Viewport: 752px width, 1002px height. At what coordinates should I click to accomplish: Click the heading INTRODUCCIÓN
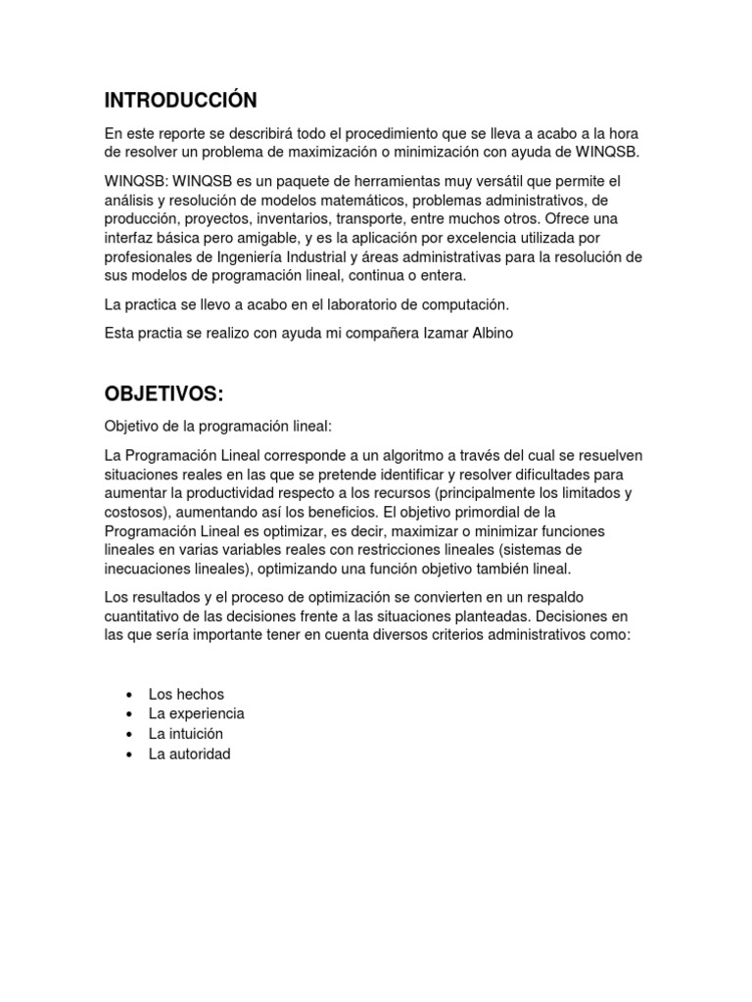[x=180, y=100]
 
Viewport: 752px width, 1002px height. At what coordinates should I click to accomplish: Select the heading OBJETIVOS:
[x=164, y=393]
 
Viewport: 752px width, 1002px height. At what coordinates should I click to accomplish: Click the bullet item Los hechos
[x=186, y=694]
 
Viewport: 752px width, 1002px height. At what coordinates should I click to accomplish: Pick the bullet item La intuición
[x=186, y=734]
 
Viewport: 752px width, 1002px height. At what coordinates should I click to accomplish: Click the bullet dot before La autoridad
[x=129, y=754]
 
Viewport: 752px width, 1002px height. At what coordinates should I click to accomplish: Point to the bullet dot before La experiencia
[x=129, y=714]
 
